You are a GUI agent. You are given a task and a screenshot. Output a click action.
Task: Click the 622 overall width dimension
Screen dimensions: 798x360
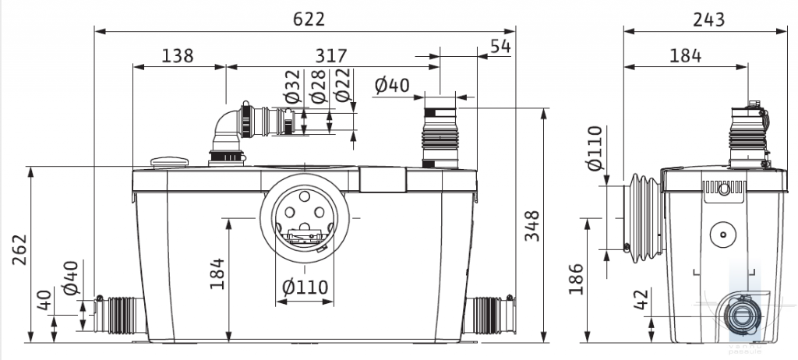click(x=309, y=19)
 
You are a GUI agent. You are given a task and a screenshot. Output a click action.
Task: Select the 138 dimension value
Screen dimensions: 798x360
click(x=178, y=55)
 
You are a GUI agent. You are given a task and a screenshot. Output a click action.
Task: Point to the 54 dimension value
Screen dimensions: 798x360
click(x=500, y=46)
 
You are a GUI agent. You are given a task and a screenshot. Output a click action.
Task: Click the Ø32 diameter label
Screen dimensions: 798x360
click(x=293, y=86)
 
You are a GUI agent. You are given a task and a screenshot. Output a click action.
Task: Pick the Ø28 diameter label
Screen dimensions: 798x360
click(x=319, y=86)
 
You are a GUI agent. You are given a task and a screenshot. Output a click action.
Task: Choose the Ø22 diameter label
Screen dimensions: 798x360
click(x=343, y=86)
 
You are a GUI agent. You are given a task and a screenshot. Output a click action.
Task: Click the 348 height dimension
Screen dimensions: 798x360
click(x=532, y=225)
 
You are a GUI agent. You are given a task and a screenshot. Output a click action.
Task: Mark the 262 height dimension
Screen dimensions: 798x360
click(x=19, y=249)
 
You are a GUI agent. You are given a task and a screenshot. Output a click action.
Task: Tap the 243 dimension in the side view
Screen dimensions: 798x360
click(x=709, y=19)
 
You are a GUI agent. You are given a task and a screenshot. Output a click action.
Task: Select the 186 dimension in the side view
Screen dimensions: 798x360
click(x=576, y=279)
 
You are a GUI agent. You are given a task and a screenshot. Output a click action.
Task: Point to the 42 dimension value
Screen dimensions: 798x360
click(x=641, y=299)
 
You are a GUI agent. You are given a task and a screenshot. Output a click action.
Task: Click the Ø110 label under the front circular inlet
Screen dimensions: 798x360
click(x=305, y=288)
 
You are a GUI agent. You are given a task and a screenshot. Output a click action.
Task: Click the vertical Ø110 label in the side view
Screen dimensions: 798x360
click(x=594, y=148)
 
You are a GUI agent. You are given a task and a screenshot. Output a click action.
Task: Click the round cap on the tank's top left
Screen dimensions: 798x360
click(x=169, y=162)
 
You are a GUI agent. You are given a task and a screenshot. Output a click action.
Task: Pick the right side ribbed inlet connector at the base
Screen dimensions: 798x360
click(x=489, y=314)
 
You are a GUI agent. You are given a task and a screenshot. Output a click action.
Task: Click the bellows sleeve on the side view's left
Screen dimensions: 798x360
click(x=644, y=218)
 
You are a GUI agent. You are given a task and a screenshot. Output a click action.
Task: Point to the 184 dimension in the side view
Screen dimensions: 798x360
click(x=686, y=55)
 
